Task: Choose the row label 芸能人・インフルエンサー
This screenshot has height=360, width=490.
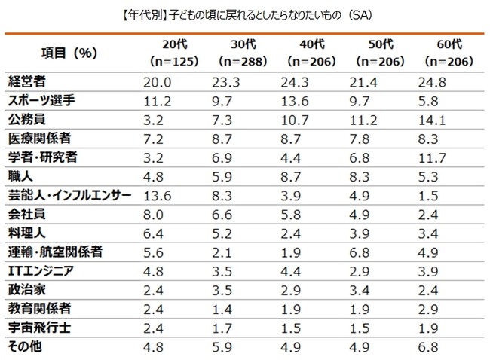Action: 69,195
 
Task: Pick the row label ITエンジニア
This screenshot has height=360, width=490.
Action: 43,271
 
